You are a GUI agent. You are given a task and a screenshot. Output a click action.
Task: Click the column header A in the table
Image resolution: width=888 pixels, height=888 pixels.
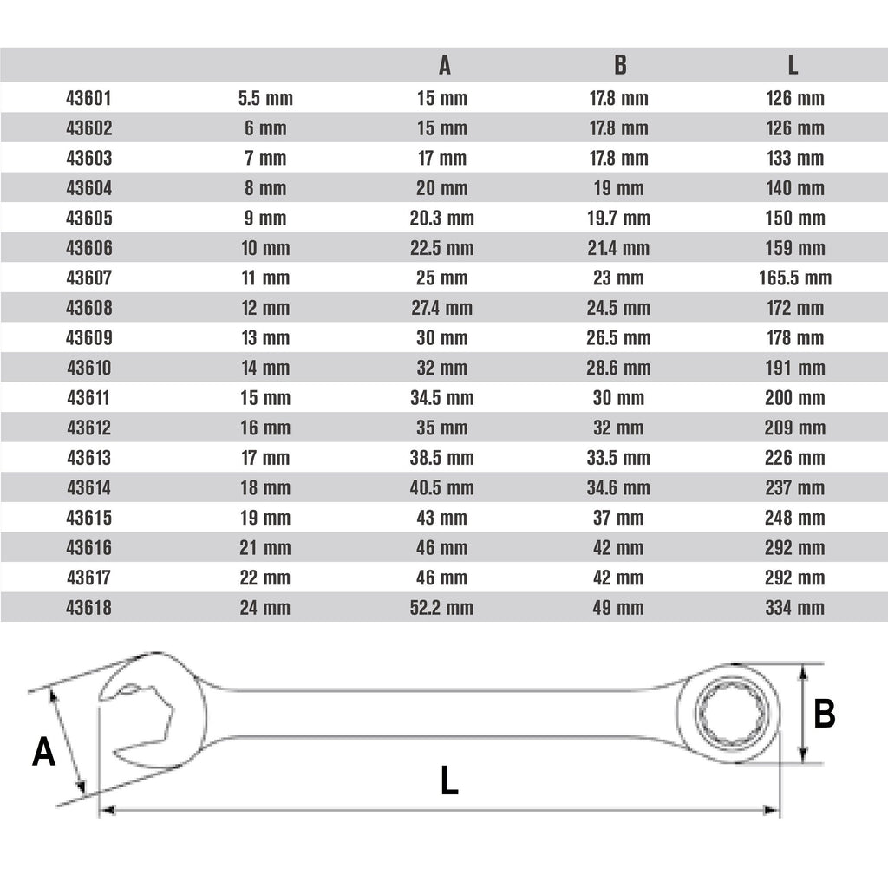445,65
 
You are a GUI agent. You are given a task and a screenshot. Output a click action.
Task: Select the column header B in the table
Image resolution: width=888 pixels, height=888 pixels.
620,65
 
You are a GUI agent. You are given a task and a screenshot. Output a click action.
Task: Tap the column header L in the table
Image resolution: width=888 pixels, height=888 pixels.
793,65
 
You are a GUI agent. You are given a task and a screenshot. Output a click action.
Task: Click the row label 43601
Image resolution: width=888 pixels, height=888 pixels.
88,98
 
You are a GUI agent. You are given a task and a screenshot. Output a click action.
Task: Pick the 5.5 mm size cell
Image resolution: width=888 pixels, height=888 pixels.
265,98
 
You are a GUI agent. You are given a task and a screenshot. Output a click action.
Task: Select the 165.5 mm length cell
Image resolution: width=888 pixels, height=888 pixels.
795,278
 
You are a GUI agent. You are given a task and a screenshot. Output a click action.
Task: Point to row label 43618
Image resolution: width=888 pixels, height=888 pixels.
89,608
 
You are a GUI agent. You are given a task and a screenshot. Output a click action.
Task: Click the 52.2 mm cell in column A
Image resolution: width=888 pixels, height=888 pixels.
441,608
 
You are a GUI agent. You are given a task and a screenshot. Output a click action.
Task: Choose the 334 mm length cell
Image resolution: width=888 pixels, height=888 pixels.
795,608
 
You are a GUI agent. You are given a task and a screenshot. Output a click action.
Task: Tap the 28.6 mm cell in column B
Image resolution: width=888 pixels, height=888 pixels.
618,368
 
